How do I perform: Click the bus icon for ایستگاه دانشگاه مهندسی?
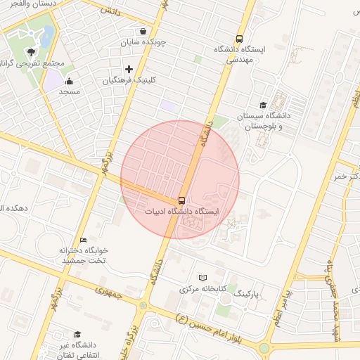[240, 39]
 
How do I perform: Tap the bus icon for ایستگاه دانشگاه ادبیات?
[182, 200]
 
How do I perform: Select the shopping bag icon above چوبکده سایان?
[143, 32]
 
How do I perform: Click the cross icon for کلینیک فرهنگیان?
[129, 70]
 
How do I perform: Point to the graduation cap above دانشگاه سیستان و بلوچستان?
[263, 104]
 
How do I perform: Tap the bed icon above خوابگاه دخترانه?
[84, 240]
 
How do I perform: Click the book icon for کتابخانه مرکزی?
[203, 278]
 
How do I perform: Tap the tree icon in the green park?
[31, 52]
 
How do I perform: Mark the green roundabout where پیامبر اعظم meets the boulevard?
[264, 348]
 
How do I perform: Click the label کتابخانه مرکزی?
[203, 289]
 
